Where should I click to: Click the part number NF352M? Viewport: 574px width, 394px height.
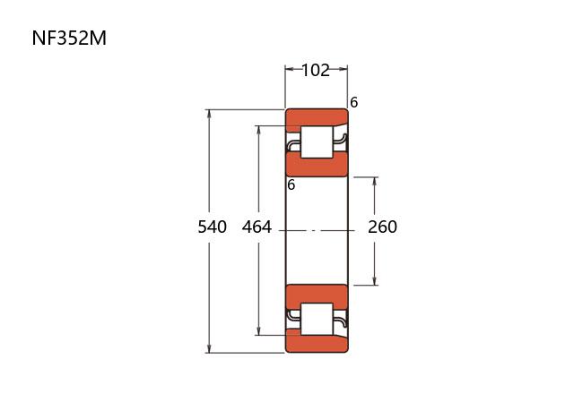pos(69,38)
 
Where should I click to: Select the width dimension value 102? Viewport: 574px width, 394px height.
pos(316,70)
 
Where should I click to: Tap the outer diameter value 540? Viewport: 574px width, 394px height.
pos(213,227)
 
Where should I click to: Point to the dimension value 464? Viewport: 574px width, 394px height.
pos(257,227)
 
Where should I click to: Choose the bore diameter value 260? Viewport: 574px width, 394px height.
pos(383,227)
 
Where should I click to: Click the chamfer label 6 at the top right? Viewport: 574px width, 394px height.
pos(353,103)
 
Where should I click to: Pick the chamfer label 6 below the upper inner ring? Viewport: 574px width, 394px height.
pos(291,185)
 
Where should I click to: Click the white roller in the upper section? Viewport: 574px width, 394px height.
pos(317,142)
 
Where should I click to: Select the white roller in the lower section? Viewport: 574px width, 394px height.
pos(317,319)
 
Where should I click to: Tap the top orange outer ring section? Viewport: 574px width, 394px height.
pos(317,117)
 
